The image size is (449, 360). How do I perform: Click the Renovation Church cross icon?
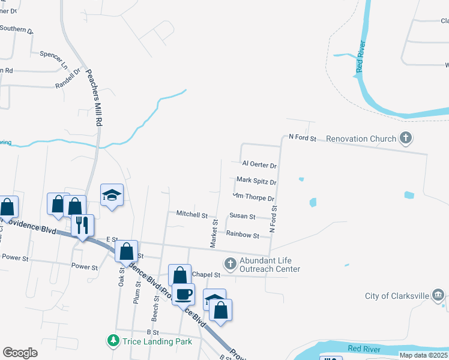(406, 139)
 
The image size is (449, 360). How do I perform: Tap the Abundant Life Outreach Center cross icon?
(230, 263)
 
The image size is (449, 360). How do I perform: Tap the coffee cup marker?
(184, 294)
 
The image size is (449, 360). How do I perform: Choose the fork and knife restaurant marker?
(82, 225)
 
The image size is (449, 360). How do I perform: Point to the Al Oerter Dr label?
(259, 164)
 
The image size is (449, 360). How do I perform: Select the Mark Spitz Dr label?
(256, 181)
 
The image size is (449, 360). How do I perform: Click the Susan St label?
(243, 216)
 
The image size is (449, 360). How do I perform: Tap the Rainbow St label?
(243, 236)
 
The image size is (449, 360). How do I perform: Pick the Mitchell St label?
(191, 214)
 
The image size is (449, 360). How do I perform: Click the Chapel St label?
(206, 274)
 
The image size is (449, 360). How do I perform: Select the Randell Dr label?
(68, 78)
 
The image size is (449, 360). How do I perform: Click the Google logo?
(20, 353)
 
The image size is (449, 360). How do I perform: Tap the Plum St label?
(137, 295)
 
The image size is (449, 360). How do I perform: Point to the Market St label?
(213, 233)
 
